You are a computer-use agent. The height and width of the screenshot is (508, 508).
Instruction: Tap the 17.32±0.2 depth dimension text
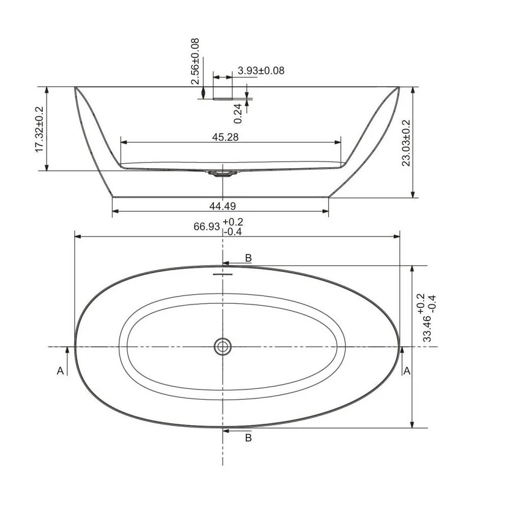pyautogui.click(x=40, y=129)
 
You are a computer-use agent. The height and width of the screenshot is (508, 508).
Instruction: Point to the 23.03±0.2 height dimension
pyautogui.click(x=406, y=143)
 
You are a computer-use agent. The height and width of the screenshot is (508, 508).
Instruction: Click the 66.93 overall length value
pyautogui.click(x=206, y=227)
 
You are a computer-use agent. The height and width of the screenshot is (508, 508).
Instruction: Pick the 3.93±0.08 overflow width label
pyautogui.click(x=261, y=71)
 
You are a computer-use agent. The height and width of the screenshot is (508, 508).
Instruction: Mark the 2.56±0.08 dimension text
pyautogui.click(x=195, y=61)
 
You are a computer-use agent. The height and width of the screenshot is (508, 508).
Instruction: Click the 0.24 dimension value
pyautogui.click(x=238, y=113)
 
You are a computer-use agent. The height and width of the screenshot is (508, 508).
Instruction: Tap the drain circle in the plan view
pyautogui.click(x=223, y=346)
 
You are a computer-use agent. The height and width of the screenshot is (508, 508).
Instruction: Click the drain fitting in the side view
pyautogui.click(x=222, y=174)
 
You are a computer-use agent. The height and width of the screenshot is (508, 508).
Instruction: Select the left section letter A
pyautogui.click(x=60, y=371)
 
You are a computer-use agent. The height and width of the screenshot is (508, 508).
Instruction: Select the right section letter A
pyautogui.click(x=406, y=371)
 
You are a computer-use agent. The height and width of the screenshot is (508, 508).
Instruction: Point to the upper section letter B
pyautogui.click(x=248, y=258)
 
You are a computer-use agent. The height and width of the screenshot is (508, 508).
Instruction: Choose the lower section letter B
pyautogui.click(x=248, y=437)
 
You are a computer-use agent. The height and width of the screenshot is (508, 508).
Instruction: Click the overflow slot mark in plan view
pyautogui.click(x=223, y=274)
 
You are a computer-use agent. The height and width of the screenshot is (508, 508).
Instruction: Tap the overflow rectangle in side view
pyautogui.click(x=223, y=92)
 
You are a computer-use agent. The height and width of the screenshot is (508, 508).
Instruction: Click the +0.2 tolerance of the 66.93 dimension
pyautogui.click(x=233, y=222)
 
